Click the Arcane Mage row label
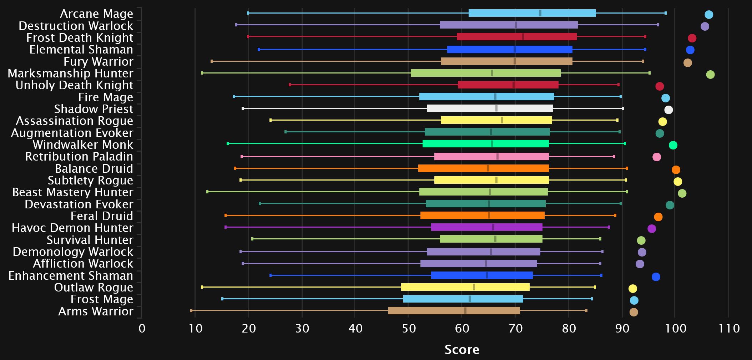coord(96,14)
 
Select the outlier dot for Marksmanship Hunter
coord(710,75)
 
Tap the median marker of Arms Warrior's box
coord(465,311)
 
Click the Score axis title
coord(462,349)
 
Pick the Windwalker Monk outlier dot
coord(673,145)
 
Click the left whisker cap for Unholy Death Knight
coord(290,85)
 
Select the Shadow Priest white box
coord(490,108)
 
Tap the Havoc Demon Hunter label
coord(72,228)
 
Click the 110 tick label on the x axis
coord(728,328)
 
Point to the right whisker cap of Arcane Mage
coord(666,13)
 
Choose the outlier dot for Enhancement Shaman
coord(656,277)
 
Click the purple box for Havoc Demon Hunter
coord(486,227)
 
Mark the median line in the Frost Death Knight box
coord(523,37)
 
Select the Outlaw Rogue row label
coord(94,288)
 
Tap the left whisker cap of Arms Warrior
coord(192,311)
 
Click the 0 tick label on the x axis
coord(142,328)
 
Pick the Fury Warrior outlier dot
coord(687,63)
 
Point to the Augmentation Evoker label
coord(72,133)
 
